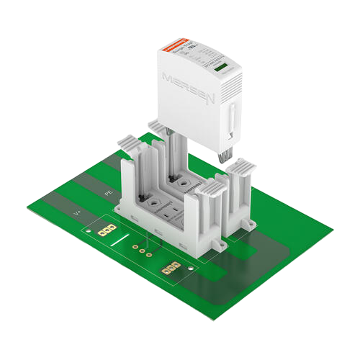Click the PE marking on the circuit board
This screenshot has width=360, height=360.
(x=109, y=194)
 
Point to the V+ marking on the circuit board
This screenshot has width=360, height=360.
(x=77, y=213)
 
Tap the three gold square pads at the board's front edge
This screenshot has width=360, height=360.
(x=171, y=269)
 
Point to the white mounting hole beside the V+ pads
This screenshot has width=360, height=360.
(x=89, y=233)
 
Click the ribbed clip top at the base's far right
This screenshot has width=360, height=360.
(x=243, y=171)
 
